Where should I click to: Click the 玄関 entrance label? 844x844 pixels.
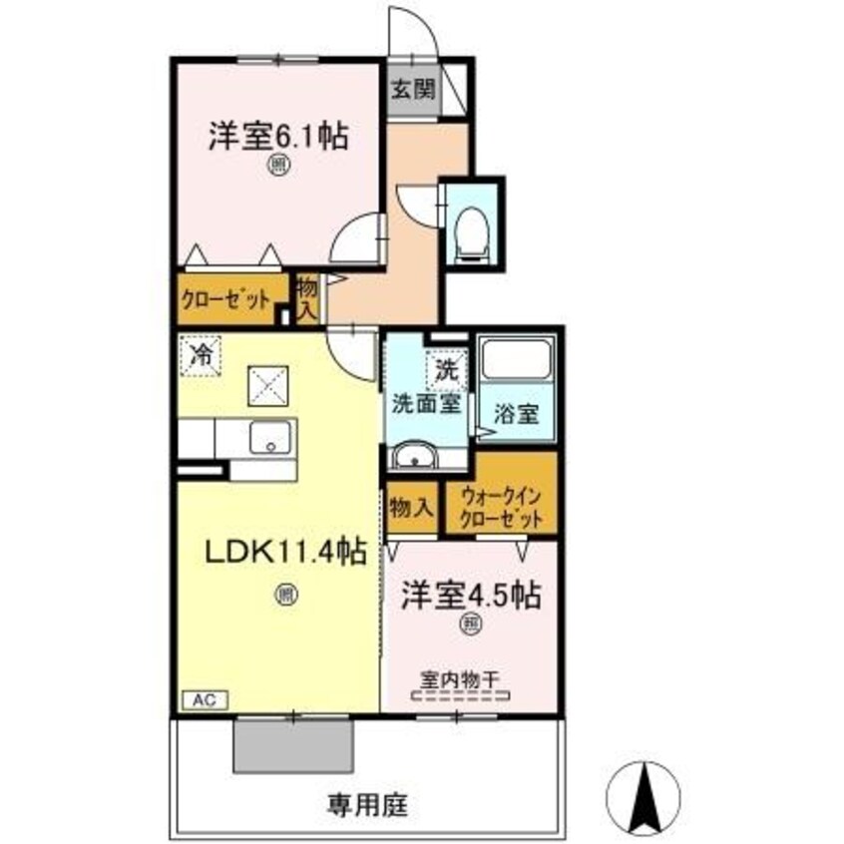click(x=412, y=89)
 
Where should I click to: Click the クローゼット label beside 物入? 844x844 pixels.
click(x=225, y=299)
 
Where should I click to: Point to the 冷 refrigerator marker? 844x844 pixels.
click(x=203, y=354)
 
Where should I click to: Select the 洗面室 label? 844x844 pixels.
click(x=424, y=406)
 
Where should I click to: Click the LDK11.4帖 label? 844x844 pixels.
click(x=284, y=552)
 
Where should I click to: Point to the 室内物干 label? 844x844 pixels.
click(x=460, y=681)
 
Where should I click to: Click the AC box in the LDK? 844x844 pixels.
click(x=205, y=700)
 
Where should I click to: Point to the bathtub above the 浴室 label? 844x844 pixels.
click(x=516, y=361)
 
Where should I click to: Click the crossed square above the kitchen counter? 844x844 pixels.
click(x=267, y=383)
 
